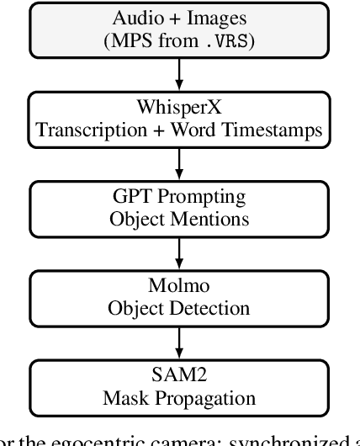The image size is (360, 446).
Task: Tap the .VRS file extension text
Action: click(x=218, y=41)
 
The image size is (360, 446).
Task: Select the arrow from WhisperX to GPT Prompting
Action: click(x=178, y=162)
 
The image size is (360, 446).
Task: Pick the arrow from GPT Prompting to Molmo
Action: click(x=178, y=251)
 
